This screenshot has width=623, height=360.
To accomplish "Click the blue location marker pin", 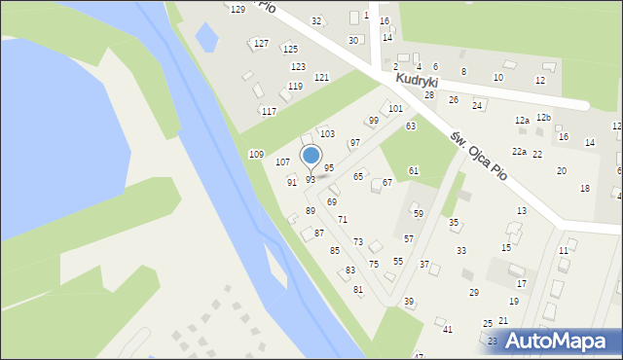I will coord(311,156).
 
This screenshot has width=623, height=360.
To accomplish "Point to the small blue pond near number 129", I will coord(206,38).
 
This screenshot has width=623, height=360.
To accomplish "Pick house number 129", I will coord(238,10).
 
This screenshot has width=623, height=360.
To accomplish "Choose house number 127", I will coord(261,44).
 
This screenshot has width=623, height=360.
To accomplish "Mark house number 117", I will coord(269,112).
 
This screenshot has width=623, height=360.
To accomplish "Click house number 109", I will coord(256,155).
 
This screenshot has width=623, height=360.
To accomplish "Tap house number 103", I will coord(327,133).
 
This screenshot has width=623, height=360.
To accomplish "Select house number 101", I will coord(395,109).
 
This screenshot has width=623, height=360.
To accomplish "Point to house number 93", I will coord(311,180).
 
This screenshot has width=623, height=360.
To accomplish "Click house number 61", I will coord(414,170).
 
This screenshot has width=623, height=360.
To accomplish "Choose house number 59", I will coord(419,213).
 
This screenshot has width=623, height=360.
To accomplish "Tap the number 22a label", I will coord(520,152).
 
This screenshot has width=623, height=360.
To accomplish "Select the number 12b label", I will coord(543,118).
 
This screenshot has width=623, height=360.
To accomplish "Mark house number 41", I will coord(448,330).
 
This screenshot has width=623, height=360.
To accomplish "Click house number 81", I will coord(358,290).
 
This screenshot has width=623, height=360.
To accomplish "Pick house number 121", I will coord(321,77).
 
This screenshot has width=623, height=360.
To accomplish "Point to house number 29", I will coord(474,292).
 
